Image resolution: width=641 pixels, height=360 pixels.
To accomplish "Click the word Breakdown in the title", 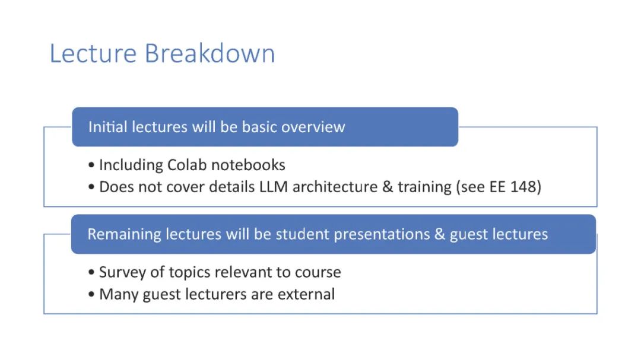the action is (210, 53).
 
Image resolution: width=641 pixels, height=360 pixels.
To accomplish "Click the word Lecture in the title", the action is (93, 53).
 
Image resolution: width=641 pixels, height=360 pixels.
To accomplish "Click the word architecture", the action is (335, 187).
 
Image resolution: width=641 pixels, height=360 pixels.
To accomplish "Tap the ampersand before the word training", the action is (388, 187).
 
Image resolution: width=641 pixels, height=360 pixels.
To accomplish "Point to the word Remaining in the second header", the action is (124, 234).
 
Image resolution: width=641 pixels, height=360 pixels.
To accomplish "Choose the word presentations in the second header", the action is (382, 234).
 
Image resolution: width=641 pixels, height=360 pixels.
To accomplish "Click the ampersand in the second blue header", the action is (440, 234).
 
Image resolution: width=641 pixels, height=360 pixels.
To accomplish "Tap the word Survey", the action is (122, 272).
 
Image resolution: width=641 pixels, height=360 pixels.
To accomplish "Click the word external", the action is (306, 294).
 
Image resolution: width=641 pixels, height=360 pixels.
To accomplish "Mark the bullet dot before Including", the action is (91, 165).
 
